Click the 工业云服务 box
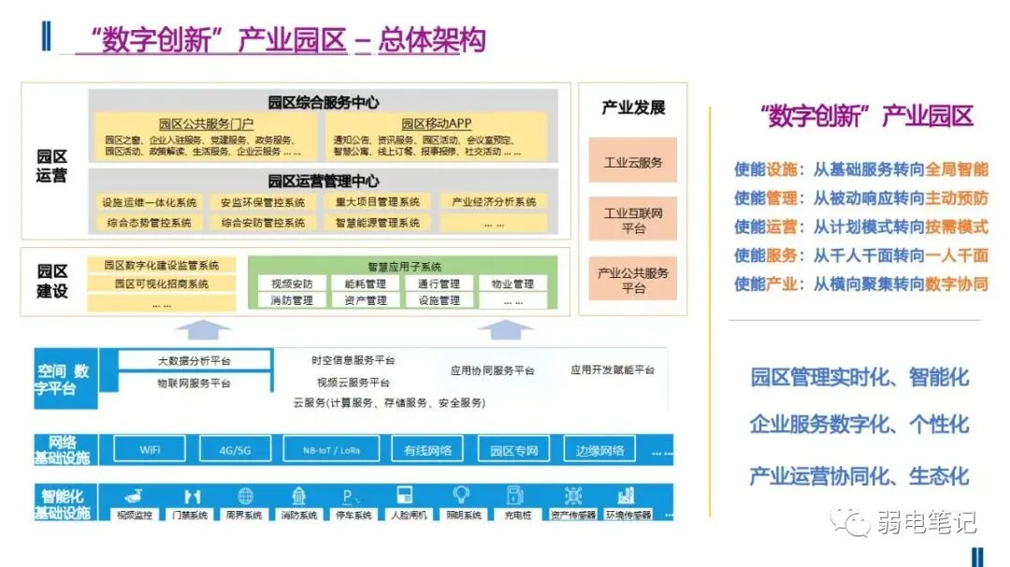click(x=632, y=162)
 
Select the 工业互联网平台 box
click(x=632, y=220)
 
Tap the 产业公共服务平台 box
click(x=632, y=279)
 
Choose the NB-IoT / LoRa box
click(x=333, y=450)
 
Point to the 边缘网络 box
click(x=599, y=450)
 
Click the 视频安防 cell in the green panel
click(x=292, y=283)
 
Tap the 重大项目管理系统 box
click(x=377, y=202)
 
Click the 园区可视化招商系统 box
click(x=162, y=283)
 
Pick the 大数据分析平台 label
click(x=195, y=361)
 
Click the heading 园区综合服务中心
click(x=324, y=103)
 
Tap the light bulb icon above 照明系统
click(x=461, y=495)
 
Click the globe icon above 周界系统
click(x=245, y=496)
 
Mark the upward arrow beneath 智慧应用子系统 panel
click(x=505, y=328)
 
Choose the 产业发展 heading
click(x=632, y=108)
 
